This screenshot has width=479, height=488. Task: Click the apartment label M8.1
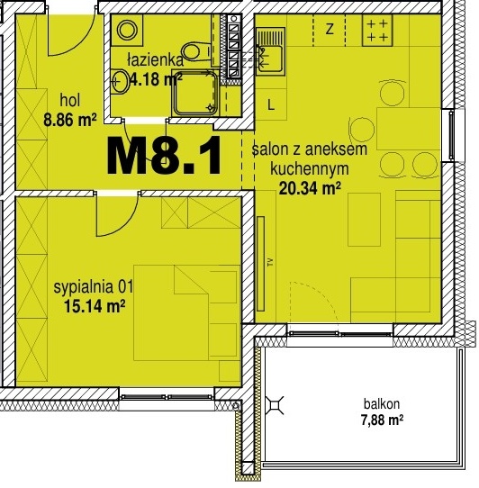[164, 157]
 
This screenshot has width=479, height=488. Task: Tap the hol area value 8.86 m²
[69, 120]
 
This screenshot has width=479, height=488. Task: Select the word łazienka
[156, 59]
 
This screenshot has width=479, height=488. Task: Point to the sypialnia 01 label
[94, 287]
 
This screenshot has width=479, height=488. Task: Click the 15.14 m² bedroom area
[95, 306]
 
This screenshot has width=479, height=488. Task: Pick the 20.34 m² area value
[310, 187]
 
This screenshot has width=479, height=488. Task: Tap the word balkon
[382, 404]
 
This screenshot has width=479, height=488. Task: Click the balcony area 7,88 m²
[382, 420]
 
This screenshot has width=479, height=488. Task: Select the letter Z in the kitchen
[330, 29]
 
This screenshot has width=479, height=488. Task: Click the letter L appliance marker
[271, 105]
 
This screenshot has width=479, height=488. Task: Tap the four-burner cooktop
[377, 31]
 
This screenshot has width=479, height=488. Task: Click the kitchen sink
[270, 51]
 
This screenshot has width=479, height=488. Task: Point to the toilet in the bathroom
[196, 51]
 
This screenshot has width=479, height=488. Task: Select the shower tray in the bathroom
[195, 94]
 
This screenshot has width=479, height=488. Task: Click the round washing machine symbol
[127, 31]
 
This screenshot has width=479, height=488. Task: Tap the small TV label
[270, 262]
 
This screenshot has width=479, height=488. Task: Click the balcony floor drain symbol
[275, 405]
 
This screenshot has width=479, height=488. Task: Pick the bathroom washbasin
[120, 82]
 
